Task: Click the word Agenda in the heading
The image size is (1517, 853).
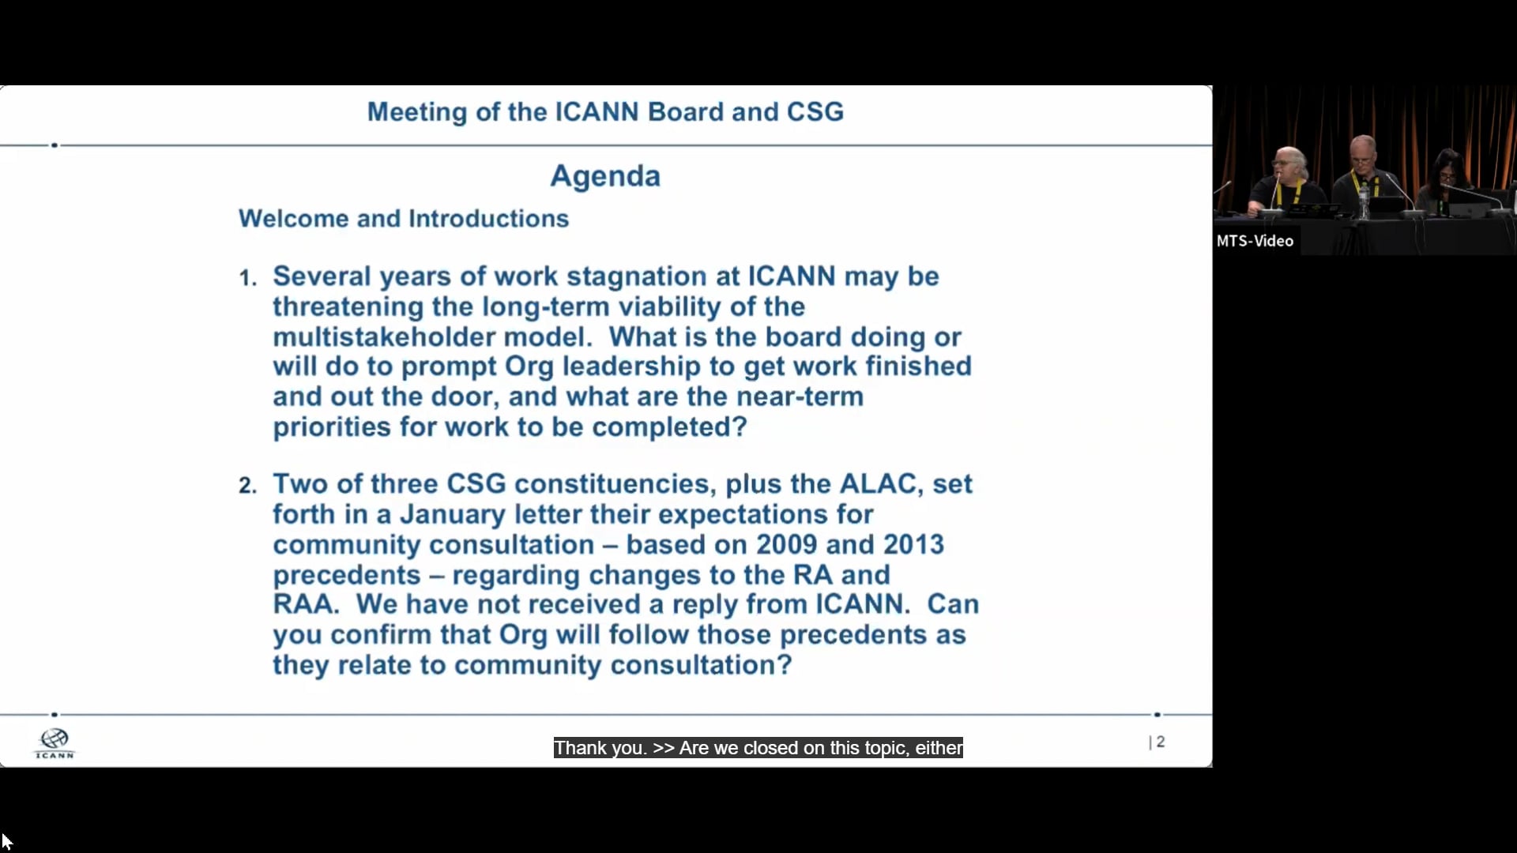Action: [604, 175]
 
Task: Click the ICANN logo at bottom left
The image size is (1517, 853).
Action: [55, 743]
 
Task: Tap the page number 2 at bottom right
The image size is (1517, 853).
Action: [1160, 742]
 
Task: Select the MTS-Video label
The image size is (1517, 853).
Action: [1255, 241]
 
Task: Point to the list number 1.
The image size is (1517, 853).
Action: [247, 278]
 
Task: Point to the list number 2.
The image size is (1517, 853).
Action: [247, 486]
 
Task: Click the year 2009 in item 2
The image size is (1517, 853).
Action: [786, 544]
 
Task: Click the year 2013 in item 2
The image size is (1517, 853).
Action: [913, 544]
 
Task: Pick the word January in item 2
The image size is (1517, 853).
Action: [452, 514]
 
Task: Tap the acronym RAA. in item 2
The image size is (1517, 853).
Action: [306, 604]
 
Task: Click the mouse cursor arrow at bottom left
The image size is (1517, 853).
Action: [6, 841]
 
